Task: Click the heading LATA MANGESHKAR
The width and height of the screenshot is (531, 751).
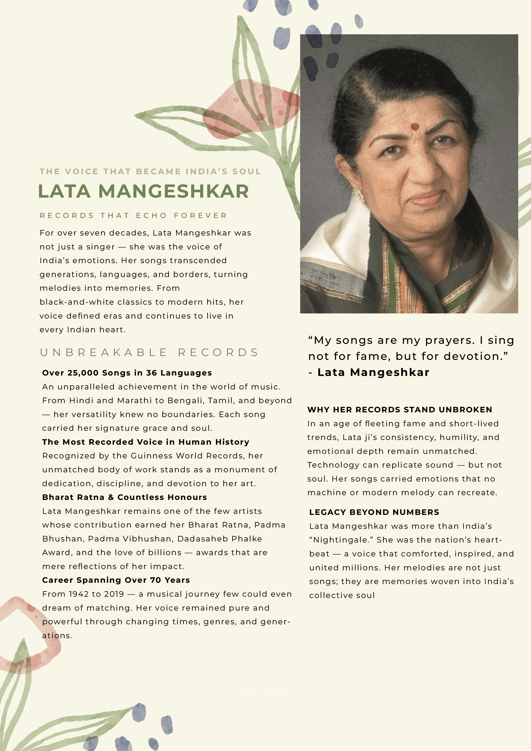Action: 143,191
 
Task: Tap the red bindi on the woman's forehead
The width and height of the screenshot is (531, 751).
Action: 415,126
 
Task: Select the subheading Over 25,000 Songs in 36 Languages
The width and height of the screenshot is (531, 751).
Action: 127,373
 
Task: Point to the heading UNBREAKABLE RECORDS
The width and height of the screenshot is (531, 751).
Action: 149,352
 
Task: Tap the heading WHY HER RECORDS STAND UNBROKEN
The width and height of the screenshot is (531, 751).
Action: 400,410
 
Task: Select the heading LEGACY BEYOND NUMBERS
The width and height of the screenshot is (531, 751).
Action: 374,512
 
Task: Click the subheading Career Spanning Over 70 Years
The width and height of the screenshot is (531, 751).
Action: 116,580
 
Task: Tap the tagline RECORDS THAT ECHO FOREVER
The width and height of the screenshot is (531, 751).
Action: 133,216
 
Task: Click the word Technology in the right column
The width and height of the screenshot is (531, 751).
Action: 331,465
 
